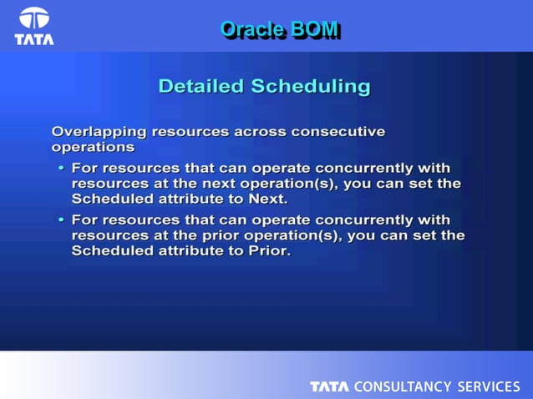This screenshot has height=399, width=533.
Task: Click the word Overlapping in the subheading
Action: coord(98,131)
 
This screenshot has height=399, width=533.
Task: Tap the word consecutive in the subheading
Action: coord(338,131)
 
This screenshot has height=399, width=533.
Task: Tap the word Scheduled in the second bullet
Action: coord(111,252)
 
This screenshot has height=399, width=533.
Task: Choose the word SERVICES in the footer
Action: coord(489,386)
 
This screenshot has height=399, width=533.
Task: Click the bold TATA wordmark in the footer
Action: coord(330,386)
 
